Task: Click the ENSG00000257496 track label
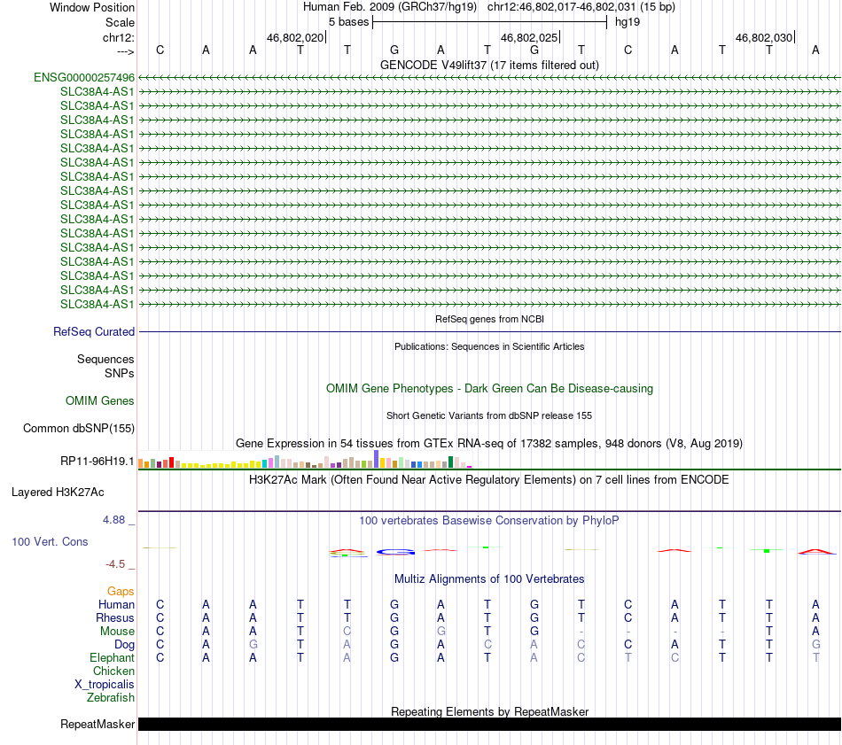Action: [x=84, y=78]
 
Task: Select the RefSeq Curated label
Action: [x=94, y=332]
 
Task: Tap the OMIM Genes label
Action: [x=100, y=401]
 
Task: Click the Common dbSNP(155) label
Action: [x=79, y=429]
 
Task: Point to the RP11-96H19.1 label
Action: [x=97, y=462]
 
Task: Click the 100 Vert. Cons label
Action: [x=50, y=541]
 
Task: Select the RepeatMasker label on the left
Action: [x=97, y=725]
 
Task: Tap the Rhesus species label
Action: [x=115, y=617]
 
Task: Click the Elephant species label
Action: [x=112, y=658]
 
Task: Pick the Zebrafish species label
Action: [x=111, y=698]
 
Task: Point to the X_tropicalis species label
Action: [x=105, y=685]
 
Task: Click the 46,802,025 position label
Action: [x=529, y=38]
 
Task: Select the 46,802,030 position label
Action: [x=764, y=38]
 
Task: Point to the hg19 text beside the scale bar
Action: [x=628, y=21]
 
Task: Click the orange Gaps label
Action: [x=121, y=591]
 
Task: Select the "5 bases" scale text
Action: [x=348, y=21]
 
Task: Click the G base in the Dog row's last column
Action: [x=815, y=645]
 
